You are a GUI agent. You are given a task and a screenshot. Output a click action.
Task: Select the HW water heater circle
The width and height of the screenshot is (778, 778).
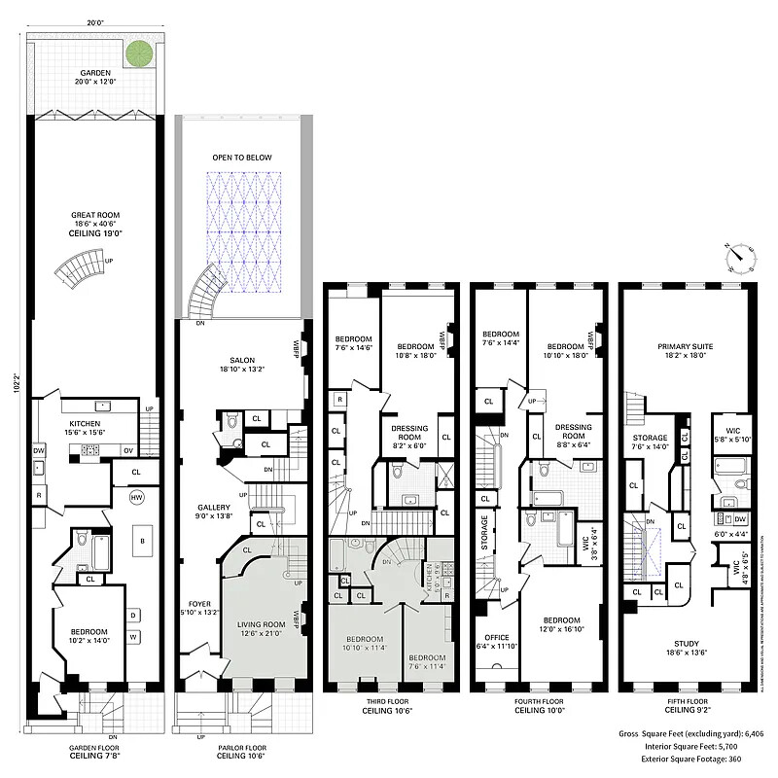pos(136,497)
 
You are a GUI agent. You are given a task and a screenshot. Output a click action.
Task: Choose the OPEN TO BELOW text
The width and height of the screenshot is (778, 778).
pos(242,158)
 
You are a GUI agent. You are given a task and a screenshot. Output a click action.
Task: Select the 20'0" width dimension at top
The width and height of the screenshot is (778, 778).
pos(94,21)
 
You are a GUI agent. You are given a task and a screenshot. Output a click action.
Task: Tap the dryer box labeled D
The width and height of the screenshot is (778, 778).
pos(132,613)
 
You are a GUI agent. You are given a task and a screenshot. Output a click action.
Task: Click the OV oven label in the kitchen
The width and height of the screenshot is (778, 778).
pos(128,450)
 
